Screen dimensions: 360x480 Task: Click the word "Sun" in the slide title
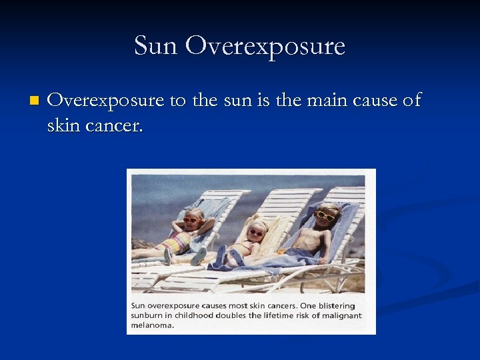[156, 46]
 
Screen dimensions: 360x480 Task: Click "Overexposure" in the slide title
[265, 46]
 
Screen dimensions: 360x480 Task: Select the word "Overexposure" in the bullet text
[106, 101]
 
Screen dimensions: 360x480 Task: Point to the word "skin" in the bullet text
[63, 125]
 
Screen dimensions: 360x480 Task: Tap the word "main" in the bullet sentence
[317, 101]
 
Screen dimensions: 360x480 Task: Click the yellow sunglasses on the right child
[326, 215]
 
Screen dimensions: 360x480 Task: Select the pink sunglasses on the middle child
[256, 233]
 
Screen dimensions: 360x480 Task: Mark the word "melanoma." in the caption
[153, 325]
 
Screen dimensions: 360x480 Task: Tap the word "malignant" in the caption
[340, 316]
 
